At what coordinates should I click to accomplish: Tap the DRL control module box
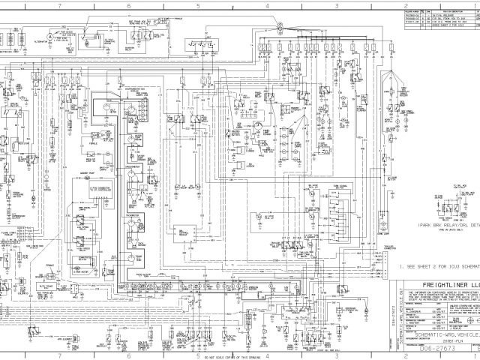[x=182, y=234]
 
